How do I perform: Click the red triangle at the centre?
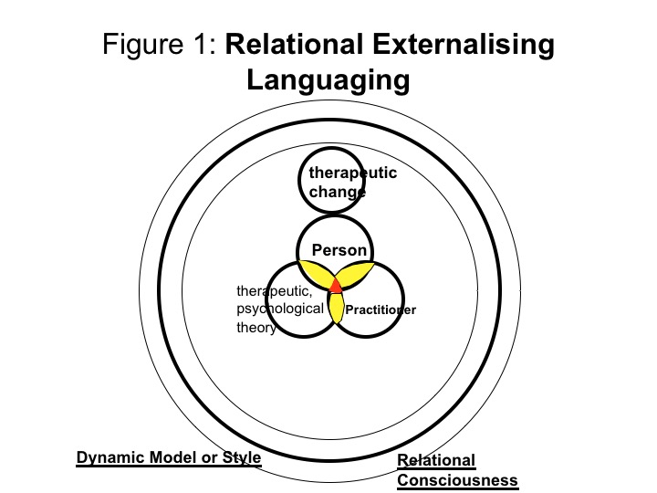click(x=336, y=286)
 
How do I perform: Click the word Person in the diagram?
click(x=339, y=250)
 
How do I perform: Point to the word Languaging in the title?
click(x=328, y=79)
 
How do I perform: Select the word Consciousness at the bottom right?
click(x=457, y=479)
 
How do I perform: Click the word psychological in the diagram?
click(x=279, y=309)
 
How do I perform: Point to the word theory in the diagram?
click(x=255, y=328)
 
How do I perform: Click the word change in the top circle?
click(x=337, y=192)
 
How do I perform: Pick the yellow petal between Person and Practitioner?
click(x=358, y=273)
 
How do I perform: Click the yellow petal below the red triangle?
click(x=336, y=309)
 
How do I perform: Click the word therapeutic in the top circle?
click(x=353, y=173)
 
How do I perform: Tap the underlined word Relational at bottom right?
click(x=436, y=461)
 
